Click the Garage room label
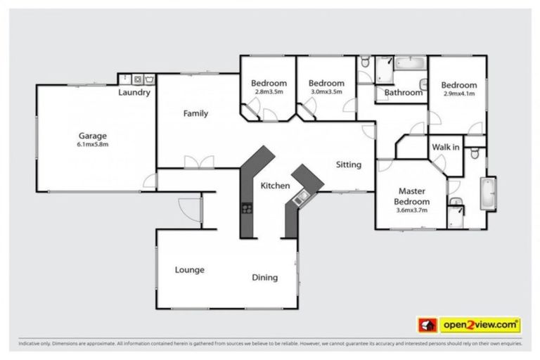point(93,136)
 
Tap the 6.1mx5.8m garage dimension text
point(93,146)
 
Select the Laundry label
point(134,93)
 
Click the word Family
point(195,113)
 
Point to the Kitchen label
point(275,186)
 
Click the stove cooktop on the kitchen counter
point(247,207)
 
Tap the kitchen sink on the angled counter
point(302,197)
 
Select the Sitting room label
point(348,165)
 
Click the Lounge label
point(190,269)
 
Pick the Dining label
point(264,277)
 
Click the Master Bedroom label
point(411,196)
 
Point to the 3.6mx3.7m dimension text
point(411,210)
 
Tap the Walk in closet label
point(446,147)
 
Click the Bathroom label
point(402,93)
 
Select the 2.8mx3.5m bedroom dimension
point(269,91)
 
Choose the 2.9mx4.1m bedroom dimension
point(459,93)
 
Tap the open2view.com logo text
point(480,325)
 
